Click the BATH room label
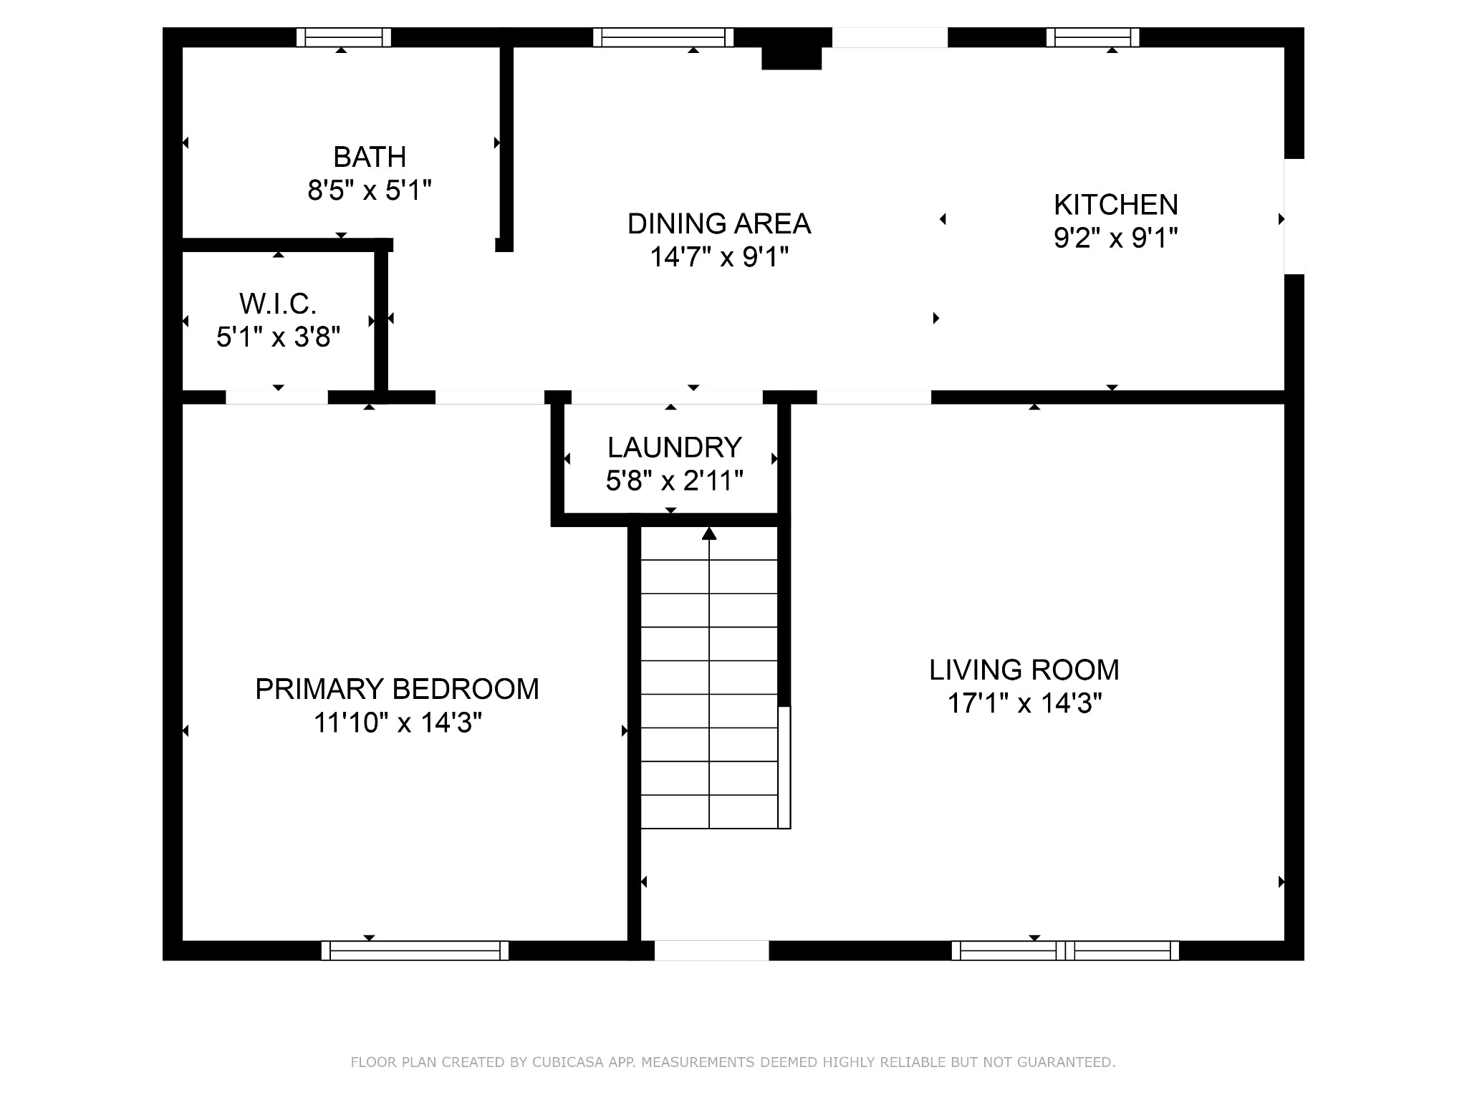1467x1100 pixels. [x=370, y=157]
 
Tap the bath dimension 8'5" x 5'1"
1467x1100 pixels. [x=370, y=190]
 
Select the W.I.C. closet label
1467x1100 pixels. [x=278, y=304]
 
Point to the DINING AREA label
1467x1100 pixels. [x=719, y=223]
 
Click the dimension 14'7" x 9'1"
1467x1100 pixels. [x=719, y=256]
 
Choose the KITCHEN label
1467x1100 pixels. [x=1116, y=205]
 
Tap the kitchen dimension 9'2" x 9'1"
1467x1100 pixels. [x=1116, y=238]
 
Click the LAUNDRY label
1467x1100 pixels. [x=674, y=448]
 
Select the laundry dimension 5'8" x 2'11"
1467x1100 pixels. [x=674, y=481]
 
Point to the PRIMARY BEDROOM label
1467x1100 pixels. [x=397, y=689]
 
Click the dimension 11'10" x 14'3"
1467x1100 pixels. [x=398, y=723]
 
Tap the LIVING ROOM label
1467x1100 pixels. [x=1024, y=670]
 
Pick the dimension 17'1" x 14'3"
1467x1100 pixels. [x=1024, y=703]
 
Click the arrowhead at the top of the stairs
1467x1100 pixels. [x=709, y=534]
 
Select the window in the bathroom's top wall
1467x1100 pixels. [x=344, y=37]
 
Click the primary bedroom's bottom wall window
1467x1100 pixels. [x=415, y=950]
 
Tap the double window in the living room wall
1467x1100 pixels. [x=1065, y=950]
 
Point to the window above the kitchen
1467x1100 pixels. [x=1093, y=37]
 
